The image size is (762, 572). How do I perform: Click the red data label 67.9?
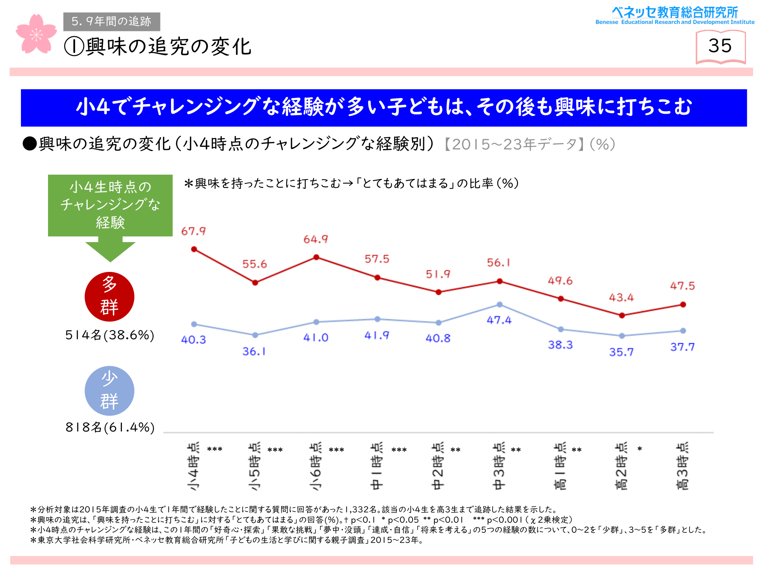[193, 231]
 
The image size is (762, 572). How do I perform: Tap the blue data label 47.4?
[499, 320]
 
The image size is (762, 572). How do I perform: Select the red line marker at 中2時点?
[439, 292]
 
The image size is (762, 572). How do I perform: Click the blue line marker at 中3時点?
[499, 304]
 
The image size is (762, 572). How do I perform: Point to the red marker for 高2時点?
[622, 315]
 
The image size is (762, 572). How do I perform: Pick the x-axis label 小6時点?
[315, 466]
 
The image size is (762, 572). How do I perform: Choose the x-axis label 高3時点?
[682, 466]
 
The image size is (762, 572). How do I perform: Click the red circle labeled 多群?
[109, 296]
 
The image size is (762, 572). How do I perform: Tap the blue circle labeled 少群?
[109, 390]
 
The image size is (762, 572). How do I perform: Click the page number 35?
[720, 46]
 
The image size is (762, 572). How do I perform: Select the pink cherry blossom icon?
[36, 34]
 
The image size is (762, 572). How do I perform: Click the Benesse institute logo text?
[675, 15]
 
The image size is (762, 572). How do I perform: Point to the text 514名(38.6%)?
[110, 335]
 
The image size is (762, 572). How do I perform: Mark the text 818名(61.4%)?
[110, 427]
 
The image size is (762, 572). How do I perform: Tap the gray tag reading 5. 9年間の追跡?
[112, 21]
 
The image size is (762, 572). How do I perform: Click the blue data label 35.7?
[621, 352]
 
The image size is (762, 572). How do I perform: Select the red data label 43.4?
[621, 297]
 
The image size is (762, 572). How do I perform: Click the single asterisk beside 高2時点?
[640, 449]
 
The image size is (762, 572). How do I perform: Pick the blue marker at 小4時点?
[194, 324]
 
